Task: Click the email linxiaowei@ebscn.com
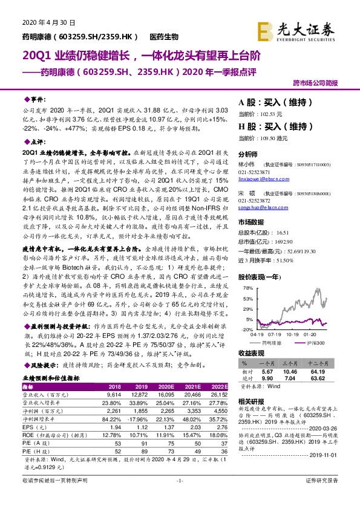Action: pos(261,179)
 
